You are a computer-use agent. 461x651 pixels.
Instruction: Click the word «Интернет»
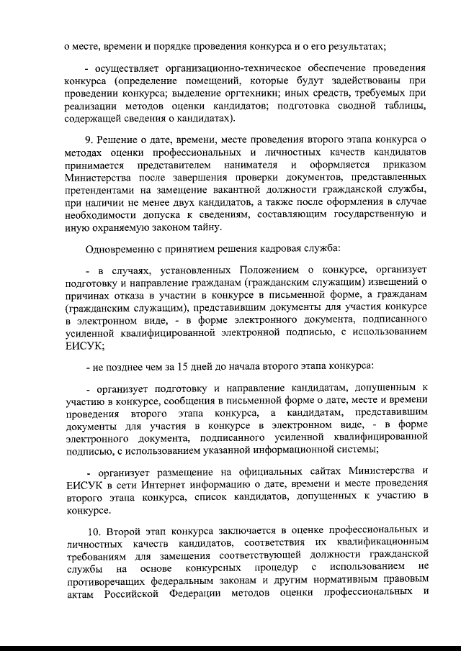(x=187, y=483)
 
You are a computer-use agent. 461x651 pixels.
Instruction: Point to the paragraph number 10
(x=91, y=529)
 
